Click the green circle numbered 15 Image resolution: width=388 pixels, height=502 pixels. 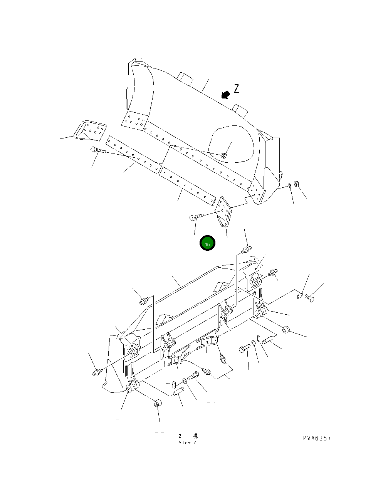point(207,243)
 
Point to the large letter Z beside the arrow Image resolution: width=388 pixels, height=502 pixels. point(236,89)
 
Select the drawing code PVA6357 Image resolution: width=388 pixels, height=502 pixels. point(317,438)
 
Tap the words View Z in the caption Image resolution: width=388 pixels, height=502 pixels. point(188,443)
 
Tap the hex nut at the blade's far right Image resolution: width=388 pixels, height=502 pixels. point(297,184)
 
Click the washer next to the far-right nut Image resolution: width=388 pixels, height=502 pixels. point(289,186)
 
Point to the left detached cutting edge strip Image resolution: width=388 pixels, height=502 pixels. point(133,154)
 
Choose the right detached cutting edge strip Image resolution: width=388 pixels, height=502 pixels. point(187,185)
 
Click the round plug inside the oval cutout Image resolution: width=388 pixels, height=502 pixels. point(224,155)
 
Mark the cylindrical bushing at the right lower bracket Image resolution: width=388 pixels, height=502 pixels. point(286,330)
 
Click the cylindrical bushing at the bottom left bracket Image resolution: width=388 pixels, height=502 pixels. point(158,404)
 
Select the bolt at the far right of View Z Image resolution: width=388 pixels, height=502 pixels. point(309,298)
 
